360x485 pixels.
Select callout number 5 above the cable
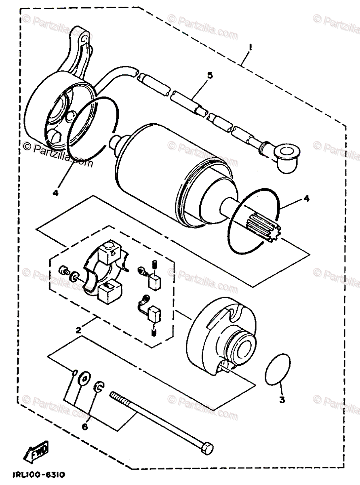[209, 76]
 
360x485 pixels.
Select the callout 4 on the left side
[55, 193]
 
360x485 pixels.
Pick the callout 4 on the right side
[307, 198]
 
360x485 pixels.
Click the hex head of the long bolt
[206, 448]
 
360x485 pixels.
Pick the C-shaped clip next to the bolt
[99, 387]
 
